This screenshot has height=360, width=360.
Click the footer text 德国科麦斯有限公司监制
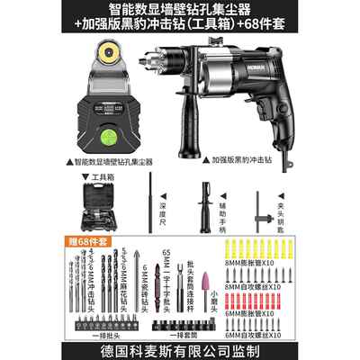pos(180,347)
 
